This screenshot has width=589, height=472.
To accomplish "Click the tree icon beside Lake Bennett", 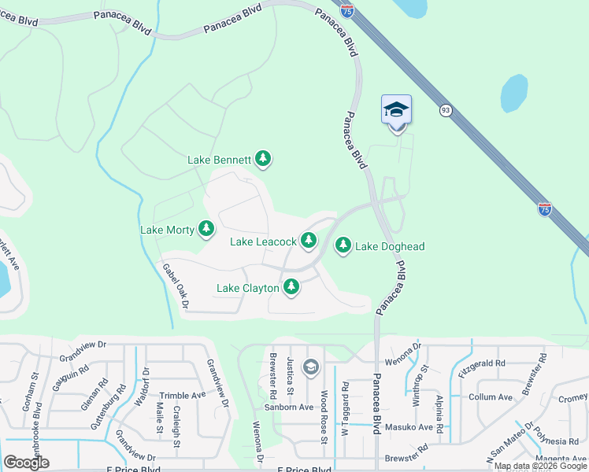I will click(263, 160).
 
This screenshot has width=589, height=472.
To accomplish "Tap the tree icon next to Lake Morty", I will click(206, 230).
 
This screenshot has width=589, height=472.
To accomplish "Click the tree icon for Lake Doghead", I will click(343, 246).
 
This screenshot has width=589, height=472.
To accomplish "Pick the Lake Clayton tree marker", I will click(291, 288).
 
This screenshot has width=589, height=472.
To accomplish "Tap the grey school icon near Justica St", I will click(311, 367).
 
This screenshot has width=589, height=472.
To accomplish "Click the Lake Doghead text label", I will click(390, 247).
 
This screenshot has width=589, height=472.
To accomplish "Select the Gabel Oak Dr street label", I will click(177, 285).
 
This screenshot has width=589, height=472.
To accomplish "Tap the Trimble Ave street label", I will click(182, 396).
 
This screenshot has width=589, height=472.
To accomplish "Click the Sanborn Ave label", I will click(289, 407).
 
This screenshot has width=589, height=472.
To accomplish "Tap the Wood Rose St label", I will click(324, 417).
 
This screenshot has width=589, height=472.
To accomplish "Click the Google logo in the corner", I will click(26, 463).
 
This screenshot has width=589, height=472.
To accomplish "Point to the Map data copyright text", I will click(540, 466).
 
